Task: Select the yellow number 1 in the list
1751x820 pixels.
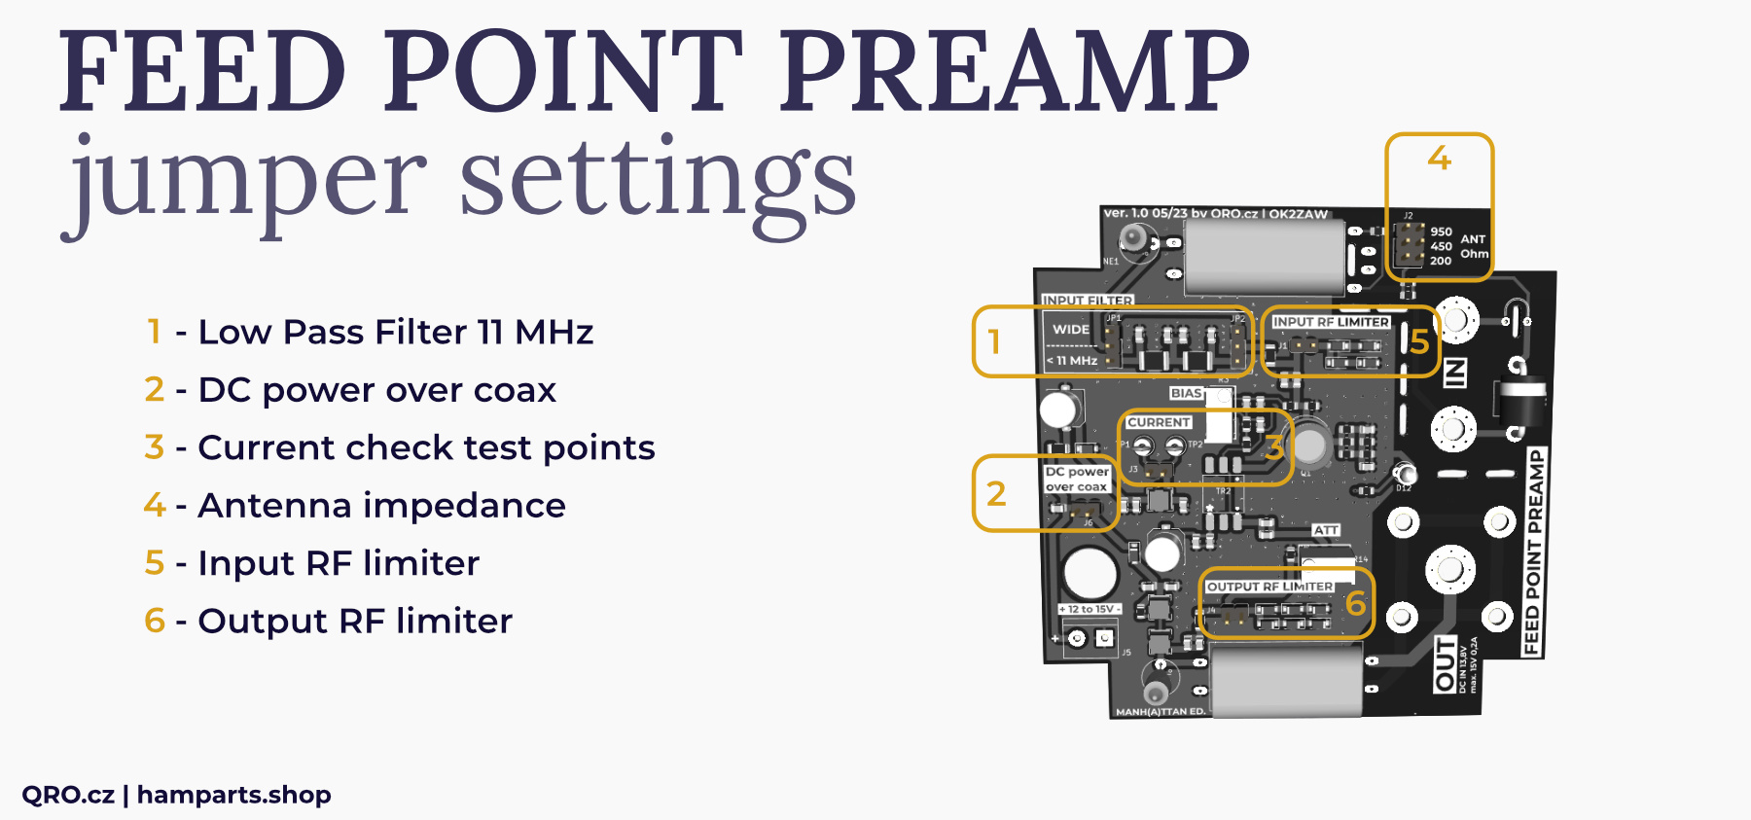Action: click(x=153, y=332)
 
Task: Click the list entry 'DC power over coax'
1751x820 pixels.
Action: click(x=376, y=390)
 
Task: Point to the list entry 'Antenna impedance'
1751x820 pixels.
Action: click(x=381, y=506)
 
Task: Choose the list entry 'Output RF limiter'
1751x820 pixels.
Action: click(x=355, y=621)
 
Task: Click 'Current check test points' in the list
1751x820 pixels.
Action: click(x=426, y=447)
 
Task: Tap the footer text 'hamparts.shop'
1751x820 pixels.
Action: click(x=233, y=795)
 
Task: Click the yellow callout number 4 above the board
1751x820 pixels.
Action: click(x=1439, y=158)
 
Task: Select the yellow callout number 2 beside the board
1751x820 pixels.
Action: click(x=996, y=494)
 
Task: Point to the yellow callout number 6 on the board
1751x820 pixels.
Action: click(x=1356, y=604)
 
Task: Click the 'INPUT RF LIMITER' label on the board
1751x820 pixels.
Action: click(x=1331, y=322)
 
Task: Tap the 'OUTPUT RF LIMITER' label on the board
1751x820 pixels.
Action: click(x=1269, y=587)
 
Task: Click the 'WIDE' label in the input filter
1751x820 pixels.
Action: click(x=1071, y=330)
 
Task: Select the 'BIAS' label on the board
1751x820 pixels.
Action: click(x=1186, y=393)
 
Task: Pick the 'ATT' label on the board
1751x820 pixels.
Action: click(x=1326, y=530)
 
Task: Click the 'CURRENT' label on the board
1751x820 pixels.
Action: click(x=1159, y=422)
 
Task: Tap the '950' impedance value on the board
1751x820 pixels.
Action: click(x=1441, y=232)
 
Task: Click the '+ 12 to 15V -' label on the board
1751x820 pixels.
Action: click(x=1090, y=609)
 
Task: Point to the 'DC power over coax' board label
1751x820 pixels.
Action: click(x=1077, y=479)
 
